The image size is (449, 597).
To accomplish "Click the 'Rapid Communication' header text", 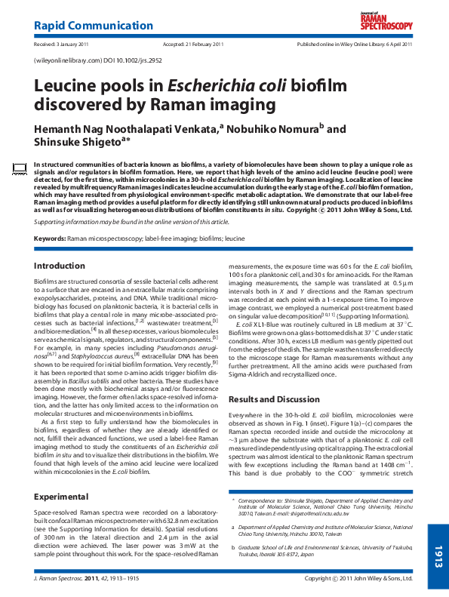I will coord(83,26).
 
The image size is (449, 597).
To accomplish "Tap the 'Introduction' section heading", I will coord(60,266).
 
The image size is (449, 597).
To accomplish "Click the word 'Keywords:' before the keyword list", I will coord(50,238).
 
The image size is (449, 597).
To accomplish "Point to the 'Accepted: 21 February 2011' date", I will coord(193,45).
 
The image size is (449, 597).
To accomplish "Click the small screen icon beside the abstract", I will coord(20,166).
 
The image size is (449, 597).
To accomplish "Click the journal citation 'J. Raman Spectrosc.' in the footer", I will coord(60,579).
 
